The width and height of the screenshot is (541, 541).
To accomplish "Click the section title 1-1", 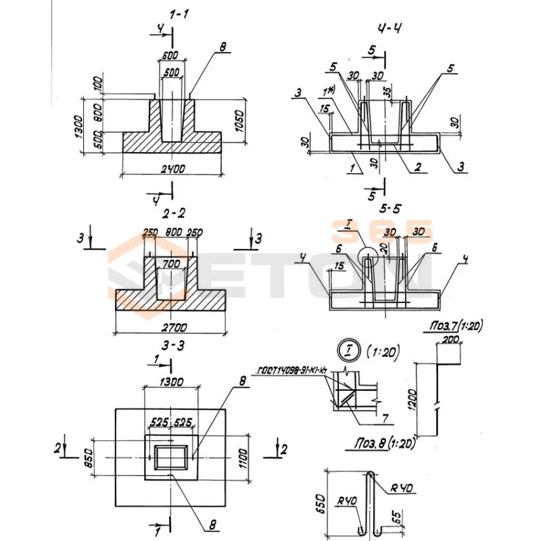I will [173, 13].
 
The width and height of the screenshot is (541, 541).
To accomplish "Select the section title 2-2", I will [174, 214].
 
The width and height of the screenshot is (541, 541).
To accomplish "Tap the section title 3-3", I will [174, 346].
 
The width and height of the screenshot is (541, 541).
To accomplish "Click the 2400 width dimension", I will [174, 167].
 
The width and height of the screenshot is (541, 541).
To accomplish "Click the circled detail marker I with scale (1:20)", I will [346, 351].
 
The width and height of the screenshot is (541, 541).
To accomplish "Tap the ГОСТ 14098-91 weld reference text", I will [290, 370].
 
